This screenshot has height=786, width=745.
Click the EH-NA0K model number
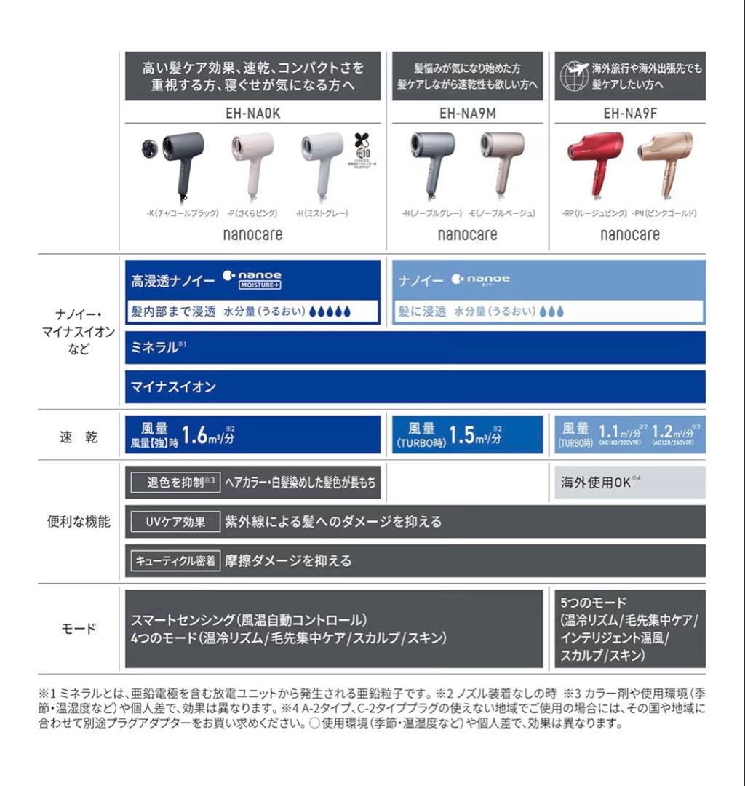(x=253, y=114)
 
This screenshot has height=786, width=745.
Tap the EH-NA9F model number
(x=630, y=114)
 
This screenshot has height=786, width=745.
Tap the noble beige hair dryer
(x=502, y=156)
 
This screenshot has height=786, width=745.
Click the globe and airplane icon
(x=573, y=75)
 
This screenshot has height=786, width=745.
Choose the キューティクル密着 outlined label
(x=174, y=560)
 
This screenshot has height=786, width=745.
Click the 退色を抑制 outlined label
(x=175, y=483)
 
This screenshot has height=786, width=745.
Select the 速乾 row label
(x=78, y=437)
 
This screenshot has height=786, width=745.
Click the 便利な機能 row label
(x=78, y=521)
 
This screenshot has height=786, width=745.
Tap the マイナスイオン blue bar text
(x=173, y=387)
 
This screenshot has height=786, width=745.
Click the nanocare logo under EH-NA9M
(x=468, y=234)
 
